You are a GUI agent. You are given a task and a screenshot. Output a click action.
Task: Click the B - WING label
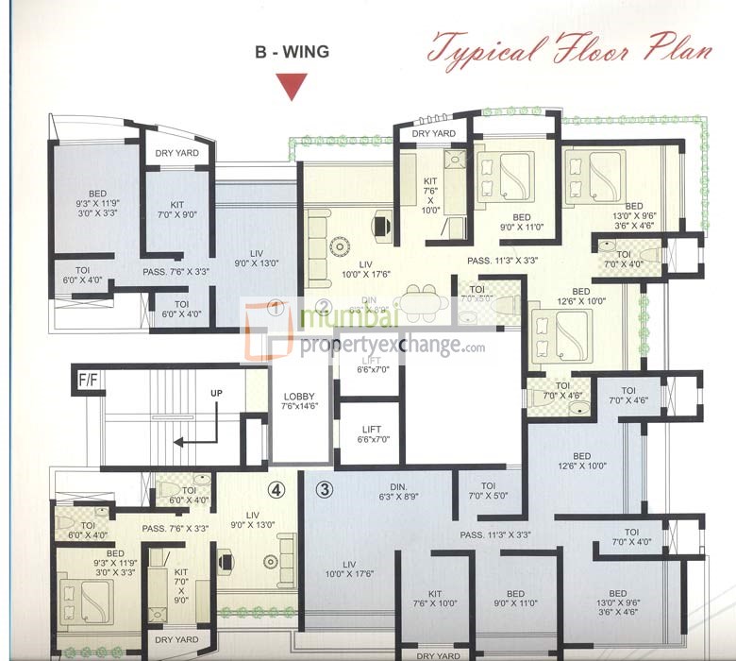(292, 52)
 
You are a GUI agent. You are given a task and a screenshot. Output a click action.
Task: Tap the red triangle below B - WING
(293, 88)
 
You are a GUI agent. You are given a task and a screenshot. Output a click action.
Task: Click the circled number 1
(276, 307)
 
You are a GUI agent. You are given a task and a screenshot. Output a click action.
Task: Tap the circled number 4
(276, 489)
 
